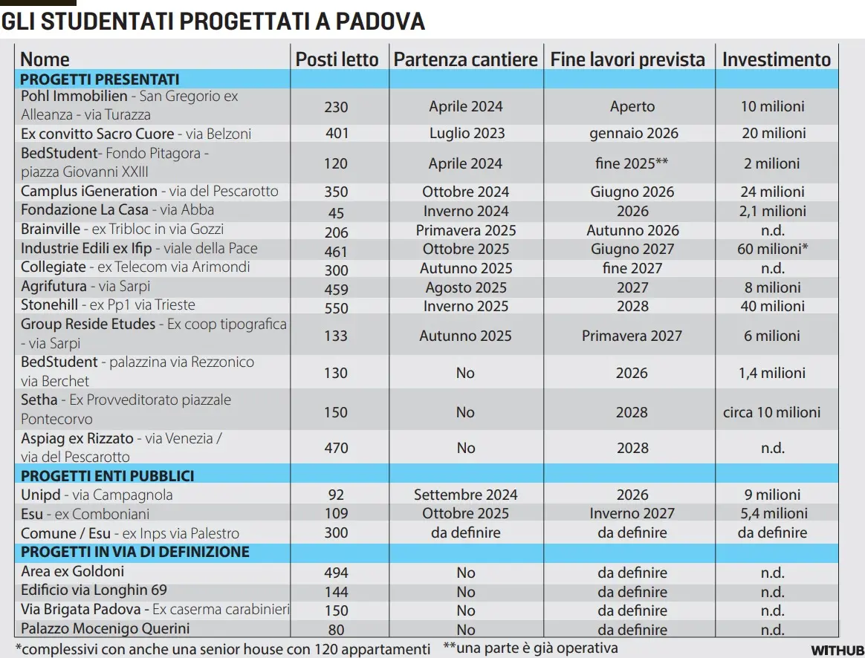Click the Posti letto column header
pyautogui.click(x=337, y=59)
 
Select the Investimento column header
pyautogui.click(x=776, y=59)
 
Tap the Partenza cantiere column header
pyautogui.click(x=465, y=59)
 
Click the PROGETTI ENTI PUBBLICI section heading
pyautogui.click(x=107, y=475)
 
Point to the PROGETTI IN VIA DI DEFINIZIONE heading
pyautogui.click(x=135, y=553)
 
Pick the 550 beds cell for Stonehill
pyautogui.click(x=336, y=306)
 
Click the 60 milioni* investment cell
pyautogui.click(x=773, y=250)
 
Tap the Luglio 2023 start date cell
pyautogui.click(x=466, y=134)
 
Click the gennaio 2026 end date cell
pyautogui.click(x=632, y=134)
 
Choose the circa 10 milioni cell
pyautogui.click(x=771, y=412)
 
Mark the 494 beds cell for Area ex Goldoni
pyautogui.click(x=336, y=573)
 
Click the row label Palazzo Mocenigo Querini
pyautogui.click(x=105, y=628)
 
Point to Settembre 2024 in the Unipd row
pyautogui.click(x=466, y=495)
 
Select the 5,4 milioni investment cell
pyautogui.click(x=773, y=513)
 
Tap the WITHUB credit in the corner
pyautogui.click(x=837, y=651)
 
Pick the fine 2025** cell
pyautogui.click(x=632, y=163)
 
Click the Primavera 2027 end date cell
pyautogui.click(x=632, y=336)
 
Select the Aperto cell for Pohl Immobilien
pyautogui.click(x=632, y=106)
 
